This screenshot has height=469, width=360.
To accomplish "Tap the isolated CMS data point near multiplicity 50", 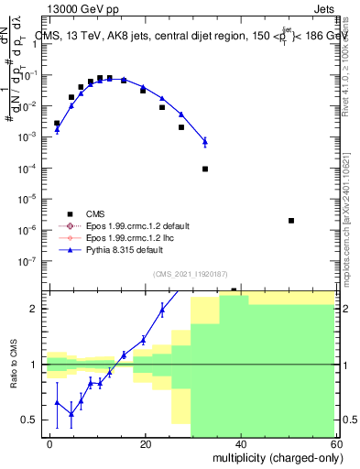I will (290, 221).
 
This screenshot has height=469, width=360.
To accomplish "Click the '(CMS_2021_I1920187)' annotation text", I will (190, 274).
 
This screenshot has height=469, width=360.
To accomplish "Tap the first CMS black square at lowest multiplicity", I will (57, 123).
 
